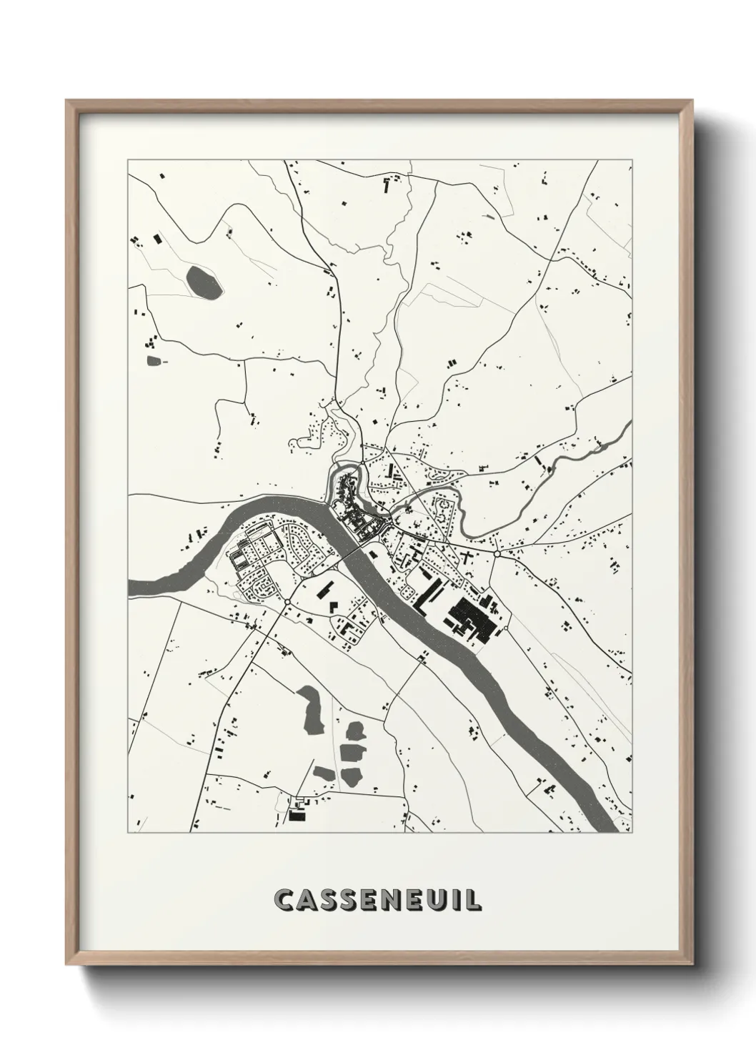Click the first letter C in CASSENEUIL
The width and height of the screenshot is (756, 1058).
pos(287,899)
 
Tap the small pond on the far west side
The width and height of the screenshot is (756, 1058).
pos(154,360)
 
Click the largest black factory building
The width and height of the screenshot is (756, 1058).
pos(472,618)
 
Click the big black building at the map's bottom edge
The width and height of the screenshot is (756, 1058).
pos(298,814)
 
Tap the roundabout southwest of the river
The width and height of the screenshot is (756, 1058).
pos(287,603)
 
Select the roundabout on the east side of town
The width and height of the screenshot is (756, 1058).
pos(496,554)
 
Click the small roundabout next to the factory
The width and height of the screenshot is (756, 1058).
pos(505,628)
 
